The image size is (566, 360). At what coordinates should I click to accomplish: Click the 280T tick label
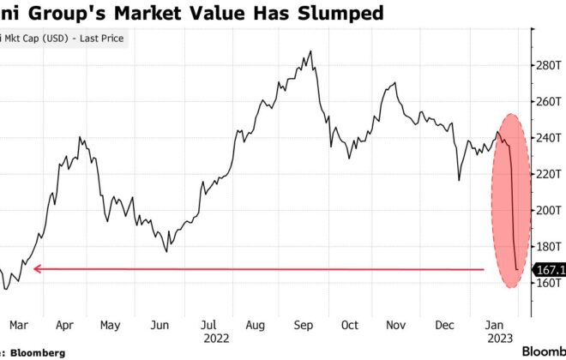(x=549, y=65)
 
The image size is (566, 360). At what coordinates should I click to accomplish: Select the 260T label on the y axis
(x=549, y=101)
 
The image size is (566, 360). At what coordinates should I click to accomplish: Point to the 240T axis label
(x=549, y=137)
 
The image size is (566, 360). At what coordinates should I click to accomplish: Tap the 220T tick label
(x=549, y=174)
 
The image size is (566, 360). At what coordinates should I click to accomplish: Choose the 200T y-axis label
(x=549, y=210)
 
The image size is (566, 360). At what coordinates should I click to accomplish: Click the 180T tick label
(x=549, y=246)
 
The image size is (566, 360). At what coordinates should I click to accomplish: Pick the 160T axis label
(x=549, y=282)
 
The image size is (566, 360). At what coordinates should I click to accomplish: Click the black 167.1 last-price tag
(x=550, y=269)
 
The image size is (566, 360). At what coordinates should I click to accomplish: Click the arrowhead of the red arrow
(x=36, y=269)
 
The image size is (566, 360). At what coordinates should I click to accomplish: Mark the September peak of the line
(x=310, y=51)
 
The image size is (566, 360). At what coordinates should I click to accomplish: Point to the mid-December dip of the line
(x=459, y=180)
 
